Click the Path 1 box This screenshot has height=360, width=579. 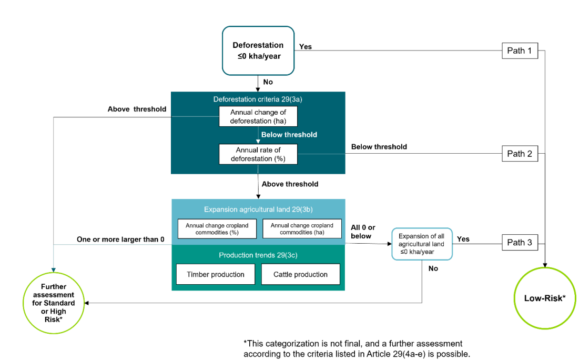point(520,51)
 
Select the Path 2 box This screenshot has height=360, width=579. point(520,154)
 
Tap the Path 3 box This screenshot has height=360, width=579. point(520,243)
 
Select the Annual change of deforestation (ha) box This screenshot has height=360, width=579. point(258,116)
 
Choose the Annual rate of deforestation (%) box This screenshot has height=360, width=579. point(258,154)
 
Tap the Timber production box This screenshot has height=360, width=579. point(216,274)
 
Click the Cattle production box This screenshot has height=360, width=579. point(301,274)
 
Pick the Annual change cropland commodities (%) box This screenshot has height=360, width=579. point(217,229)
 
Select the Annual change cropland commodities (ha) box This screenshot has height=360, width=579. point(302,229)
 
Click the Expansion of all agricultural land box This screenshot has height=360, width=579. point(422,244)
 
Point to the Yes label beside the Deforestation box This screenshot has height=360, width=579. point(306,46)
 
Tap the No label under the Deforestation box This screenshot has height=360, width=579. point(268,82)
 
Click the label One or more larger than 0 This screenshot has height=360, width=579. point(120,239)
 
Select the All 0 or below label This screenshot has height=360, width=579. point(363,232)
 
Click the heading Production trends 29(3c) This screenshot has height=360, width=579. point(258,255)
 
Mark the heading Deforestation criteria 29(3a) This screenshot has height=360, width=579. point(258,99)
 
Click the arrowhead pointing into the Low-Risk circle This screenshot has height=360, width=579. point(545,265)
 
